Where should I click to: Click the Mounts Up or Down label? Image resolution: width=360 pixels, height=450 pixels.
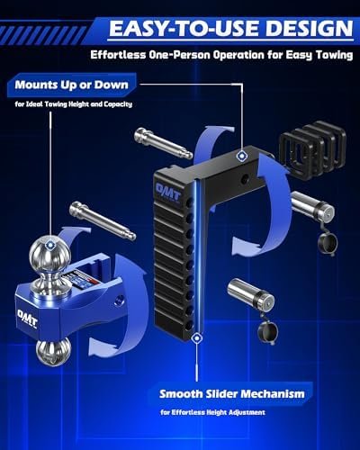click(x=72, y=85)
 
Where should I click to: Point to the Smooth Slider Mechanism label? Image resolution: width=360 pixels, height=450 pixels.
click(x=232, y=393)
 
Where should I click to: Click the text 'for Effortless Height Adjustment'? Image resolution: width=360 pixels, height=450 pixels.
click(x=212, y=412)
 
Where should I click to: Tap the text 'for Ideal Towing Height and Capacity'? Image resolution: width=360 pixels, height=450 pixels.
click(x=74, y=104)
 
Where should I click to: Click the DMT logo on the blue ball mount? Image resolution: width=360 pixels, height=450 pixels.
click(x=28, y=318)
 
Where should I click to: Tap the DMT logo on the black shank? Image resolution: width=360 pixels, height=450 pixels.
click(x=167, y=192)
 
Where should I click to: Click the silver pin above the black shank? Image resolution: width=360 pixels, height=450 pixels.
click(x=164, y=143)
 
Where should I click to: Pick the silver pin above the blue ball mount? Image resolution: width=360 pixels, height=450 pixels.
click(x=103, y=220)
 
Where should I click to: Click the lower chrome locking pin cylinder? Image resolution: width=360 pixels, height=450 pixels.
click(x=250, y=295)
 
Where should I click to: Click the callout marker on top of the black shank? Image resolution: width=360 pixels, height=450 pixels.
click(x=241, y=156)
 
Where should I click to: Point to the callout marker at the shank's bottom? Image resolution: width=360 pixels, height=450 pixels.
click(x=197, y=338)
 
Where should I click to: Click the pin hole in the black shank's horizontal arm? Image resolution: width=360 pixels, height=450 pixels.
click(x=246, y=178)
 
